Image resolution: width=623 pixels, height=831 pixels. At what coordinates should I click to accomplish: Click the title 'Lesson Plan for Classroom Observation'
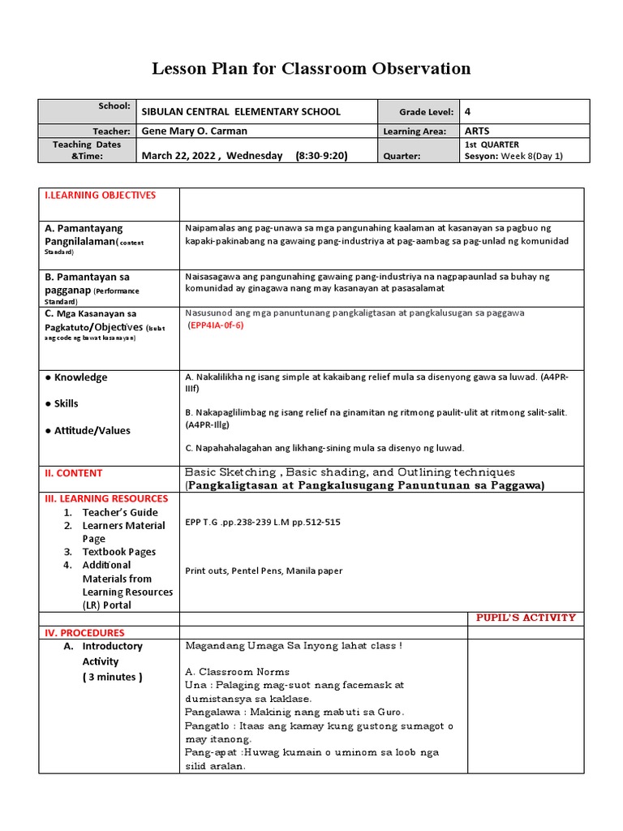click(x=311, y=69)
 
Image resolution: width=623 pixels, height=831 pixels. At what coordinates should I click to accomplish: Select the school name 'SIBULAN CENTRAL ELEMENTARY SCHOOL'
click(x=241, y=112)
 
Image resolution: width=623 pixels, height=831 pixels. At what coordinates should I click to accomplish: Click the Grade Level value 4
click(x=468, y=112)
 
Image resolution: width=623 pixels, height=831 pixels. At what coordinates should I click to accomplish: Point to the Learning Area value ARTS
click(x=478, y=131)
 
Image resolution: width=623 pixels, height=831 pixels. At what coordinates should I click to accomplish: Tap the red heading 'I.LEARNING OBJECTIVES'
click(x=101, y=196)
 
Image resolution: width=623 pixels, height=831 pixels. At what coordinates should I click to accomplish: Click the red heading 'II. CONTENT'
click(x=74, y=473)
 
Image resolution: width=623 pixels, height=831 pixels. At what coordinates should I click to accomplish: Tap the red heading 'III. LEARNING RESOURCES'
click(x=106, y=498)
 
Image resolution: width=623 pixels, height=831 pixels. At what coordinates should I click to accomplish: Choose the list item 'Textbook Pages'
click(x=119, y=552)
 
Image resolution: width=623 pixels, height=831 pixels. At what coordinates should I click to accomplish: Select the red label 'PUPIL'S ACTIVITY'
click(x=526, y=618)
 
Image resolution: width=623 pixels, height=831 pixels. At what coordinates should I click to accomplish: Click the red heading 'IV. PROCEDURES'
click(x=84, y=633)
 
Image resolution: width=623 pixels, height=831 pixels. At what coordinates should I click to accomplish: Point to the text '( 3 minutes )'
click(x=112, y=677)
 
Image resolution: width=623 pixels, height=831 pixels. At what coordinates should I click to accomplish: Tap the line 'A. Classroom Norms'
click(x=237, y=672)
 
